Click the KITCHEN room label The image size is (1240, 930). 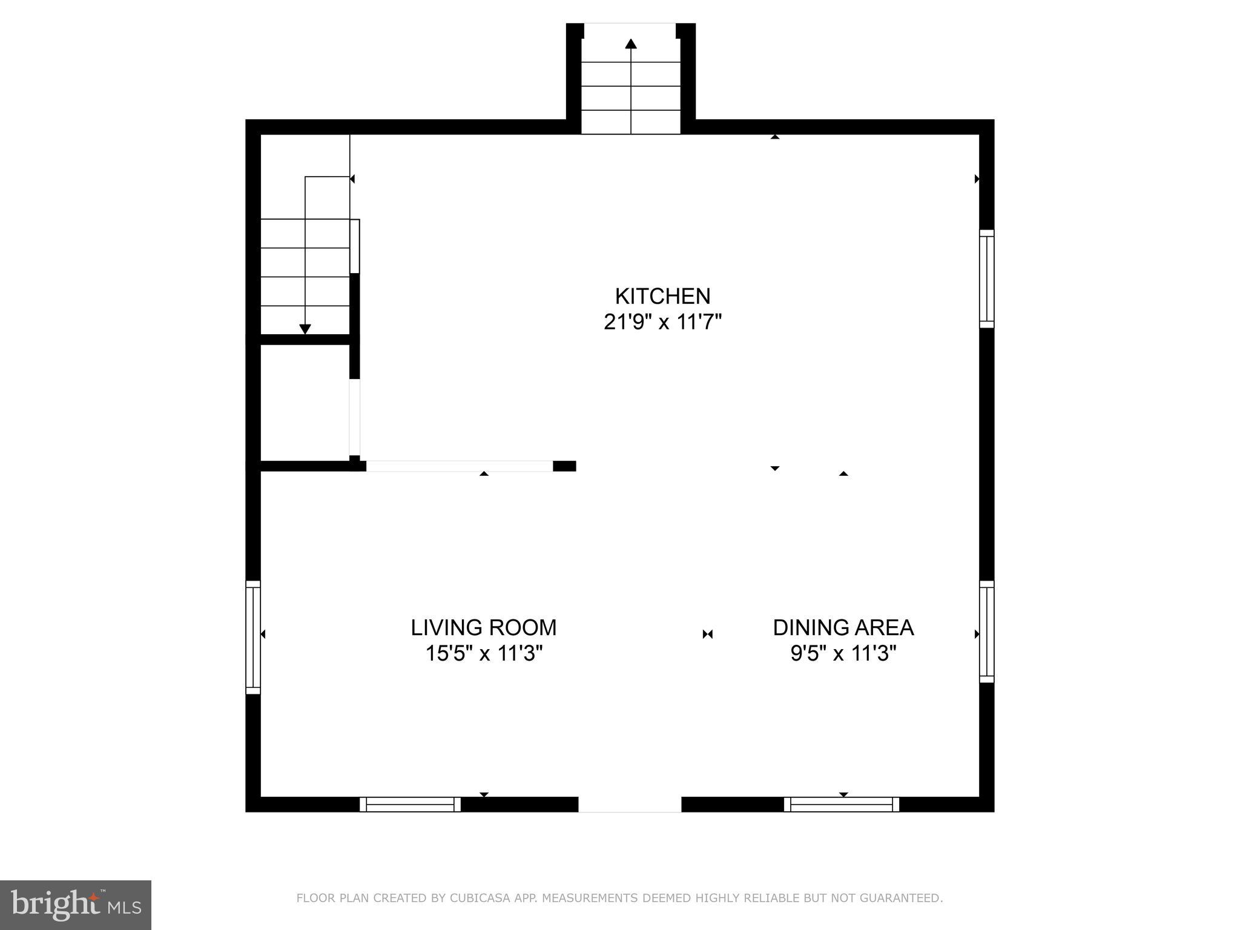(x=662, y=296)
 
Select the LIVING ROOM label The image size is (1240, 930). (x=483, y=628)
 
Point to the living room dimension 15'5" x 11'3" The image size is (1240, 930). (x=483, y=654)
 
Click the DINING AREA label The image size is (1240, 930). (x=843, y=628)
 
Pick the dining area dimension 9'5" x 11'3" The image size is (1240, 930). (x=843, y=654)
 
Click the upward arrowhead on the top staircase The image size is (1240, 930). (x=631, y=44)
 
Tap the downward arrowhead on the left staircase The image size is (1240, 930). (x=305, y=329)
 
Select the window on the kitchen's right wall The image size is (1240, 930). (x=986, y=279)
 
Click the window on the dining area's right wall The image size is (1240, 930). (x=986, y=632)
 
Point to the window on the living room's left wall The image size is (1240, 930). (x=253, y=637)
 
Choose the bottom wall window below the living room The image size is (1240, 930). (x=410, y=804)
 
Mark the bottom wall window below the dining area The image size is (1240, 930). (x=842, y=804)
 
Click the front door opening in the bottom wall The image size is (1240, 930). (x=630, y=804)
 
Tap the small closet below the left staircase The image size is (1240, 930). (x=305, y=403)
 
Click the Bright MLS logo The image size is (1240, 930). (x=75, y=905)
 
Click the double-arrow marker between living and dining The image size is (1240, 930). (x=707, y=635)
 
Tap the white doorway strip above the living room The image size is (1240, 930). (x=459, y=466)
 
